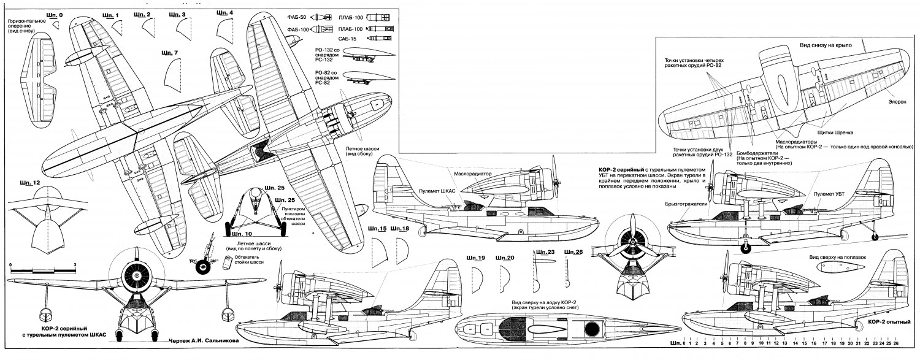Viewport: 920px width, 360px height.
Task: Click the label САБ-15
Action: (x=347, y=39)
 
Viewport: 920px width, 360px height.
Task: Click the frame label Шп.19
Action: (x=475, y=258)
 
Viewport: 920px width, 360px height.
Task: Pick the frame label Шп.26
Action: (x=573, y=252)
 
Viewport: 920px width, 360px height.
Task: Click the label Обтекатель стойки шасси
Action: (x=253, y=261)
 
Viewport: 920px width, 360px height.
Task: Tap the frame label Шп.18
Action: (x=402, y=229)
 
